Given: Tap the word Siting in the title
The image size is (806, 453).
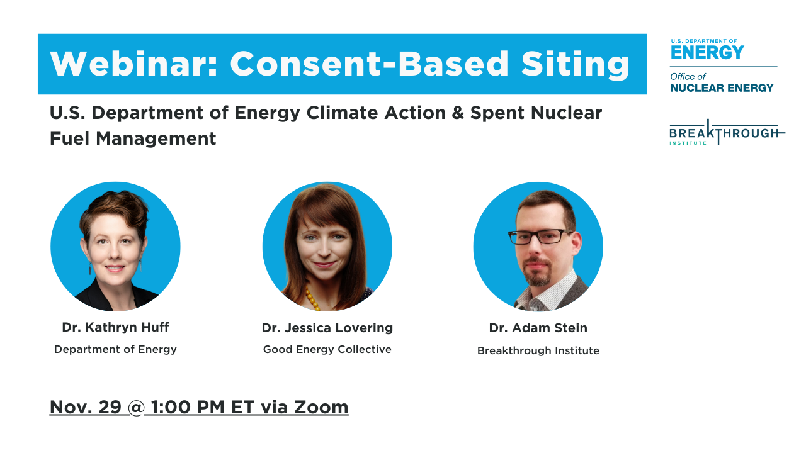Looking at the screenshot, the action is (x=575, y=65).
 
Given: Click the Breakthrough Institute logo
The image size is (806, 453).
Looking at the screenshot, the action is (x=727, y=133).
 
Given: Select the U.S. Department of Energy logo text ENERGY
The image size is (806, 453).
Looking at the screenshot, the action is (x=707, y=53).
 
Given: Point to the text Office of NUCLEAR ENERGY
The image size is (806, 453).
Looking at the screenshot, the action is (x=722, y=82).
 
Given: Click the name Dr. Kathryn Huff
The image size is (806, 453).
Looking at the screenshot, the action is (x=115, y=327).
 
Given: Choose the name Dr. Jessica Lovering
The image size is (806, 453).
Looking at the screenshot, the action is (x=327, y=328).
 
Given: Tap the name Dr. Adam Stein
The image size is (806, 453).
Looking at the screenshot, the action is (x=538, y=328).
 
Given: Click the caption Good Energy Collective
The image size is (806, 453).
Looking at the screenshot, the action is (x=327, y=349).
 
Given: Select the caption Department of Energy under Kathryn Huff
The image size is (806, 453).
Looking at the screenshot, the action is (x=115, y=349).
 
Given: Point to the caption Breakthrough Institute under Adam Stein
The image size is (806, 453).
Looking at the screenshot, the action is (x=538, y=350).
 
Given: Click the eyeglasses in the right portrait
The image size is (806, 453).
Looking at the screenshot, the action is (x=540, y=237).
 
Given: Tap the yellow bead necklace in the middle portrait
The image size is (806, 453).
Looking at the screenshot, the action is (x=312, y=298).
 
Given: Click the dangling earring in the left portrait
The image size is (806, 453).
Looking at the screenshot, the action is (x=89, y=268).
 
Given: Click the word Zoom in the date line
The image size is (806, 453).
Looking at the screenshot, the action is (x=321, y=407).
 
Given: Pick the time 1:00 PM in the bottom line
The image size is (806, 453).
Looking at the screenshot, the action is (x=188, y=407).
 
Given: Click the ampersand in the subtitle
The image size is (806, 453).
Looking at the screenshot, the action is (x=457, y=113).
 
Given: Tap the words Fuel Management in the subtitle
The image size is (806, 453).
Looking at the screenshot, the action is (x=133, y=139).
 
